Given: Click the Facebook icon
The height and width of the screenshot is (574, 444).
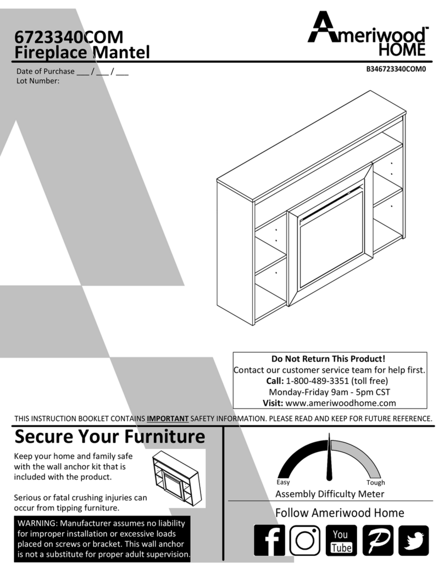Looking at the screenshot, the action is coord(269,540).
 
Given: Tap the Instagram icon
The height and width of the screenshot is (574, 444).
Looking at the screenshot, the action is coord(305,540).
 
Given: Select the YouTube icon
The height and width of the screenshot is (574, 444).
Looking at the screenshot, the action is coord(341,540).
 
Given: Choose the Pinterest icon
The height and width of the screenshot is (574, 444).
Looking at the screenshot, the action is coord(378,540).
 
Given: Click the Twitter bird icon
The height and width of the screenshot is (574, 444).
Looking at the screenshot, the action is coord(413,540).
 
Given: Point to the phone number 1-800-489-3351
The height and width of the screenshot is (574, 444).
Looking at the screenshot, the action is coord(317,381).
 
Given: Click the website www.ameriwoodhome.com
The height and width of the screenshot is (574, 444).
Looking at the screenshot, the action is coord(341,403).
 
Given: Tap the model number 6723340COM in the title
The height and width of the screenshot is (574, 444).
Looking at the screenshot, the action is coord(69,37).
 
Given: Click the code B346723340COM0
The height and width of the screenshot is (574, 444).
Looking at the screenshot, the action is coord(396,69).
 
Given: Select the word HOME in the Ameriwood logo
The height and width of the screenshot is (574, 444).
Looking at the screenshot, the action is coord(402,49).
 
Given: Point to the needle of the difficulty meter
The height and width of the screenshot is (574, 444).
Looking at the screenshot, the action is coord(329,457).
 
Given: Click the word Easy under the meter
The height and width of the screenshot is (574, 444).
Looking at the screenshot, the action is coord(283,482).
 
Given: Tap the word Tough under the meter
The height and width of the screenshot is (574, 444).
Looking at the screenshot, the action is coord(375,482).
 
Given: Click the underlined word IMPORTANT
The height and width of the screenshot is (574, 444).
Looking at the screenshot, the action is coord(168,419).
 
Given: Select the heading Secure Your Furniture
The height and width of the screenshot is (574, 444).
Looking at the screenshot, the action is coord(109,436).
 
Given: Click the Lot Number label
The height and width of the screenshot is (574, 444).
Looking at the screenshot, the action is coord(38,81).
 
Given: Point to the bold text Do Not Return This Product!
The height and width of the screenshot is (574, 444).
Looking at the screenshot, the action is coord(328,359).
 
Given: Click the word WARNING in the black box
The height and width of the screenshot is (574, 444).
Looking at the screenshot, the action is coord(37,523).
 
